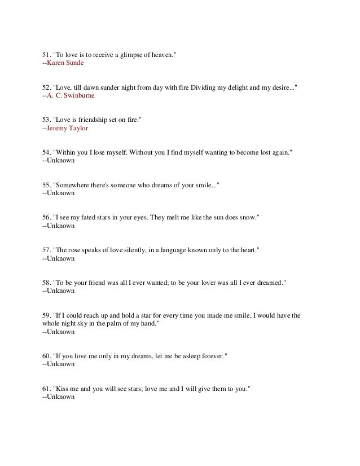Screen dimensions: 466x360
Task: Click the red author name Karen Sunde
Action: (x=65, y=63)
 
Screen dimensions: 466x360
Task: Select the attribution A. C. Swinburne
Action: (x=71, y=96)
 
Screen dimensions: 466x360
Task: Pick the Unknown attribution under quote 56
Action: (x=59, y=226)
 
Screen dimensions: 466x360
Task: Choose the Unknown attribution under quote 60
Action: (x=59, y=364)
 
